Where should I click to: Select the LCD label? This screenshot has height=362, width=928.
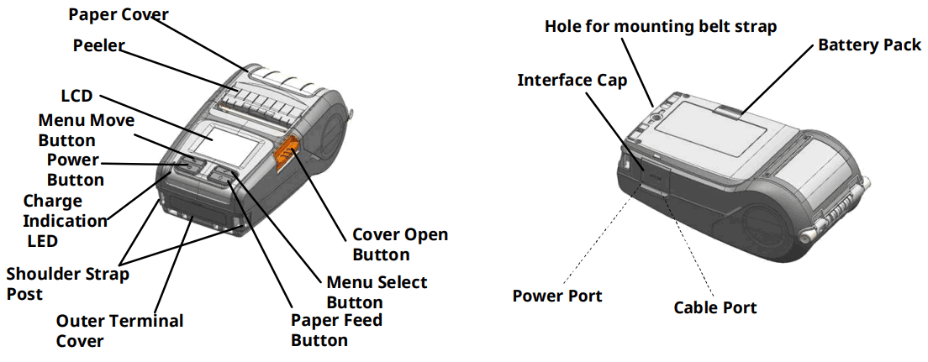tap(76, 96)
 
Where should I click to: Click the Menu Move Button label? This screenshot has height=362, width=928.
tap(86, 130)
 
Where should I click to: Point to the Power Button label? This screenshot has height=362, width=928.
tap(75, 169)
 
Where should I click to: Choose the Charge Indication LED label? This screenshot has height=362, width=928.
tap(65, 221)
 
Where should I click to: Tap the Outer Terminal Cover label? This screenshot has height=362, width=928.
tap(119, 330)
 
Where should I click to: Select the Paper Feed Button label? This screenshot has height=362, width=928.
tap(336, 329)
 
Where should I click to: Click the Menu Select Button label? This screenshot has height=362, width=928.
tap(377, 292)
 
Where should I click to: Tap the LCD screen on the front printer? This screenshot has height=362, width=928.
tap(227, 144)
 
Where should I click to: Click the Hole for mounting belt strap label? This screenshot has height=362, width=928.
tap(661, 26)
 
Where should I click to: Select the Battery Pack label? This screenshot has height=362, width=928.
tap(869, 45)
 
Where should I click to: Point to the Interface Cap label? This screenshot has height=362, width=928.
tap(572, 80)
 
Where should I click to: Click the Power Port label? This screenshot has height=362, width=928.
tap(557, 296)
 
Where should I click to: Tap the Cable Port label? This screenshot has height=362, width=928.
tap(714, 307)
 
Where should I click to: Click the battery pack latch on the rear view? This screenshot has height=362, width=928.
tap(728, 109)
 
